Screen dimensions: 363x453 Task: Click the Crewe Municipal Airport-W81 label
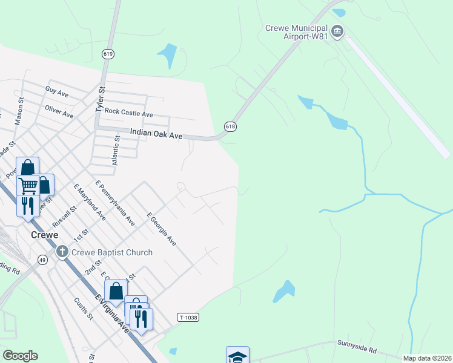pos(296,33)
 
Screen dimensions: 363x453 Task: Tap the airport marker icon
pos(338,31)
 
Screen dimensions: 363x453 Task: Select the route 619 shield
pos(108,54)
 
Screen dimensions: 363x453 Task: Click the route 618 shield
pos(230,126)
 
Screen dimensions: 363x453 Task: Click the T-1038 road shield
pos(188,317)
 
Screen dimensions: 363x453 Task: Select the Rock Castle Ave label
pos(128,113)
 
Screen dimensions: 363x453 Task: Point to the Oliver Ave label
pos(59,111)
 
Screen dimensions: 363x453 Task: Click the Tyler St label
pos(101,99)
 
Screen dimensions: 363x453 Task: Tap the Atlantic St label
pos(116,151)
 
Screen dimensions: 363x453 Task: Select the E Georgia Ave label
pos(162,229)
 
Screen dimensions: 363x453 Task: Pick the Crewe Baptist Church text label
pos(113,252)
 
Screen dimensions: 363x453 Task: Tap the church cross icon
pos(62,251)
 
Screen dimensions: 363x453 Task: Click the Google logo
pos(20,356)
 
